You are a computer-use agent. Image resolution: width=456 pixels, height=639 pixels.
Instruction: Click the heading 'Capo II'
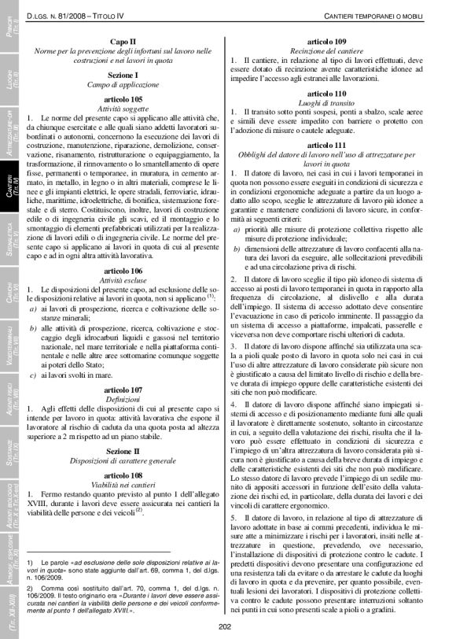coord(123,41)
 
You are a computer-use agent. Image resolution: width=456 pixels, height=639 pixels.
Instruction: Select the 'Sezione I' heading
coord(123,74)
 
